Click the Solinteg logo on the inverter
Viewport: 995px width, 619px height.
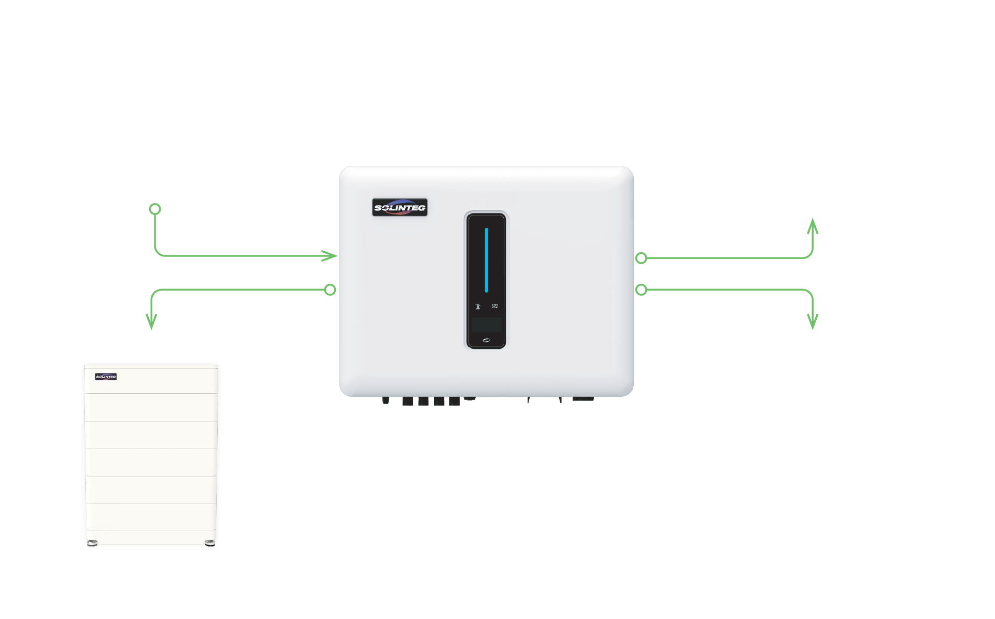tap(400, 207)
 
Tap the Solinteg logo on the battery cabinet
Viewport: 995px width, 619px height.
tap(106, 377)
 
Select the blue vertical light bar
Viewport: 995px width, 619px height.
tap(486, 260)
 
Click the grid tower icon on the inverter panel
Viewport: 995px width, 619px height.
tap(478, 306)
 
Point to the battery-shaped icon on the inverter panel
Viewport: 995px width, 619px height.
tap(494, 306)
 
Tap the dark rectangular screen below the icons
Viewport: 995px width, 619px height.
tap(486, 325)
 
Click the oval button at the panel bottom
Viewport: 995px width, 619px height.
tap(486, 340)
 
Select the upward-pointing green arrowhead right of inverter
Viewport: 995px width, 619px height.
tap(813, 226)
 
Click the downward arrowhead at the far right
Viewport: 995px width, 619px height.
tap(813, 321)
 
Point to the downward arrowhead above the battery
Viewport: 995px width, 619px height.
tap(151, 321)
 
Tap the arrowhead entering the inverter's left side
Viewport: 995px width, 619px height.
tap(330, 256)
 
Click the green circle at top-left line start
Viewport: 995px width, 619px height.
tap(155, 209)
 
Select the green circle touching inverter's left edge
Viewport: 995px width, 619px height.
tap(330, 290)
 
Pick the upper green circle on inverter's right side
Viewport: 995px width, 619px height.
tap(641, 258)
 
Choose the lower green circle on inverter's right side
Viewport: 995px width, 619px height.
tap(641, 290)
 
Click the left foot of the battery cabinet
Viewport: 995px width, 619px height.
tap(92, 543)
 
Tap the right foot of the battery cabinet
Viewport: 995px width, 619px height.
tap(209, 543)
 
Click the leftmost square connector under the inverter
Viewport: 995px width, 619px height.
tap(407, 401)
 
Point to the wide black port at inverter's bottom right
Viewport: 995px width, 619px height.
tap(583, 399)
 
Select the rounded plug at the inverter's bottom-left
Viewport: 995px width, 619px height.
tap(386, 400)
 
